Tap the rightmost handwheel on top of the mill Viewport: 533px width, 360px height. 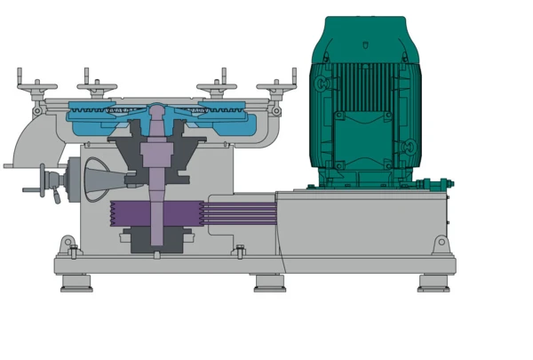[x=276, y=88]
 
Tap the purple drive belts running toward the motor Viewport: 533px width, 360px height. [x=240, y=213]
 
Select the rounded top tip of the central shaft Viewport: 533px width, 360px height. [x=156, y=110]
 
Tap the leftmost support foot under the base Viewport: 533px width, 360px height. [x=76, y=283]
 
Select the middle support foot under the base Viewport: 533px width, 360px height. [x=270, y=283]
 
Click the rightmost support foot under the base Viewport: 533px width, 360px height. [x=434, y=283]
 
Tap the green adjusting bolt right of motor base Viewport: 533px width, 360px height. [x=437, y=184]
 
